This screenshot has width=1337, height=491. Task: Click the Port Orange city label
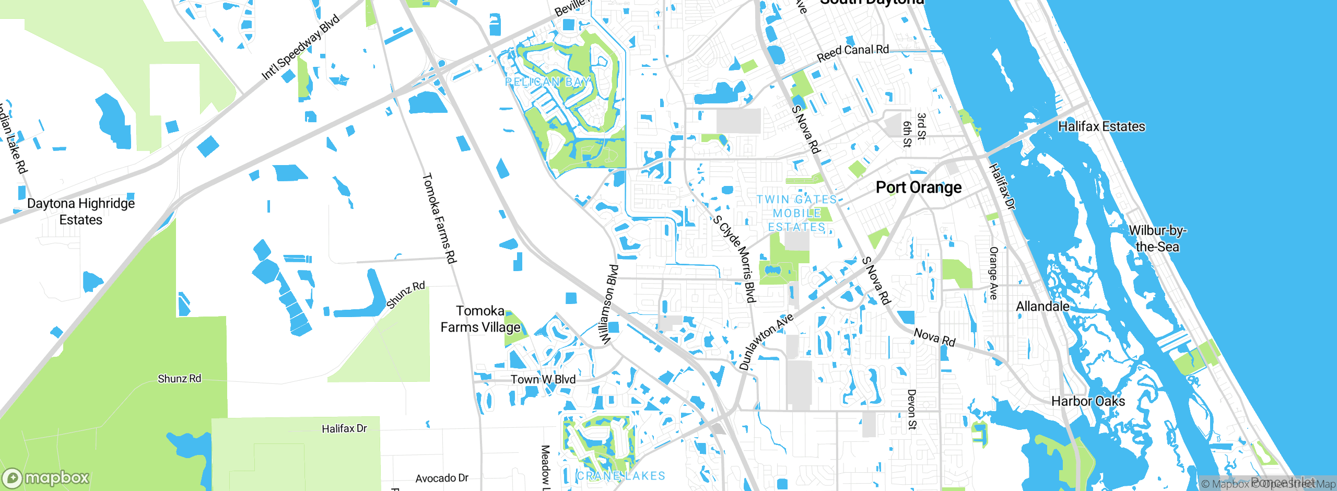click(x=918, y=187)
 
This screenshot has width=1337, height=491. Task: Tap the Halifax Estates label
click(x=1101, y=126)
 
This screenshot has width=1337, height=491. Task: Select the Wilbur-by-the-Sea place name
click(x=1157, y=239)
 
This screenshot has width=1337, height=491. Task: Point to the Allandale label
click(x=1042, y=307)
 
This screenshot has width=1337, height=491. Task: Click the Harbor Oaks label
click(x=1088, y=401)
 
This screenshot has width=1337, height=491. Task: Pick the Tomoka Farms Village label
click(x=480, y=319)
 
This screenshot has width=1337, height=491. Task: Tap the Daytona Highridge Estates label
click(x=81, y=212)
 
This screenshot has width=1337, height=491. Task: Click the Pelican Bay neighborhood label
click(x=548, y=82)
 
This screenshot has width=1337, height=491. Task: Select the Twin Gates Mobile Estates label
click(x=796, y=213)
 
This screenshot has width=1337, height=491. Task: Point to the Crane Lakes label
click(x=621, y=476)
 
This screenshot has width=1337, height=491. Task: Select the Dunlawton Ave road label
click(x=766, y=342)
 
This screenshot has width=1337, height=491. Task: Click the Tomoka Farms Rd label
click(x=439, y=218)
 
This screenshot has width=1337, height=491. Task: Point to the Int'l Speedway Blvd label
click(x=300, y=48)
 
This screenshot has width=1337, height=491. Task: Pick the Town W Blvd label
click(x=543, y=380)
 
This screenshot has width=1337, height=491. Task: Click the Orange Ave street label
click(x=993, y=273)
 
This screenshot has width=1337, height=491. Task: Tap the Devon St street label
click(x=911, y=409)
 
